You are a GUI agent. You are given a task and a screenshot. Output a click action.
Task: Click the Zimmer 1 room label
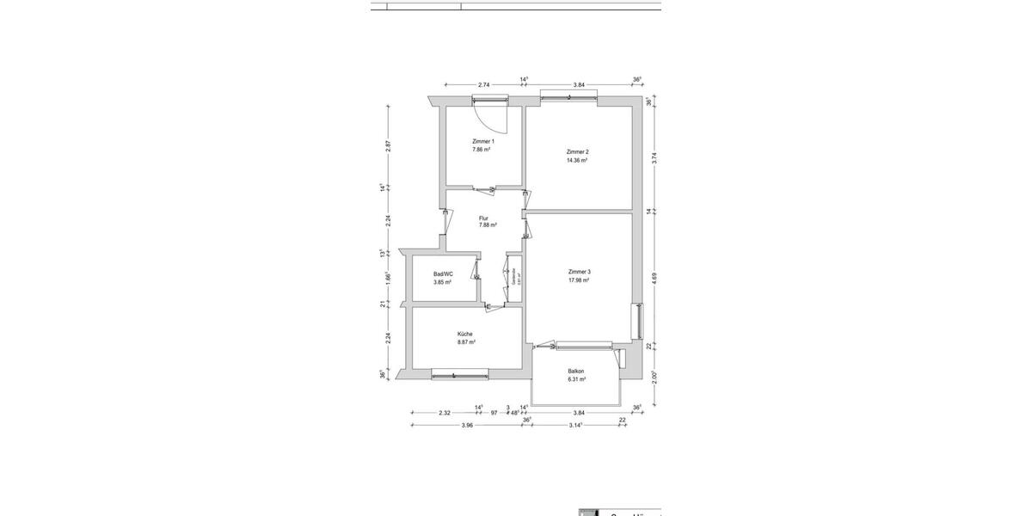click(482, 141)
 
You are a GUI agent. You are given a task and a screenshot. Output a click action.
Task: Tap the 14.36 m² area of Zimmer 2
click(577, 160)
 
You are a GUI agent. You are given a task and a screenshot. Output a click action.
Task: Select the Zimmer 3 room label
click(579, 271)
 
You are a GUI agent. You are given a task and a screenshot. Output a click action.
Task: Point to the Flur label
click(483, 218)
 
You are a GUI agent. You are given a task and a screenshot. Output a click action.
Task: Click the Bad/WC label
click(443, 273)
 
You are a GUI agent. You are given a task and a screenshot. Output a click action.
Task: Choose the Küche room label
click(465, 334)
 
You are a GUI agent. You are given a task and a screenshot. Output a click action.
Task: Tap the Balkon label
click(576, 372)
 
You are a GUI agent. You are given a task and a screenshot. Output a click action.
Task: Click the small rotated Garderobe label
click(513, 277)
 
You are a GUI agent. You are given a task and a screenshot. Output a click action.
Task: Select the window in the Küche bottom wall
click(459, 374)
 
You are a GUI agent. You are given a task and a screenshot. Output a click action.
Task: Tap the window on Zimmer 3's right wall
click(637, 322)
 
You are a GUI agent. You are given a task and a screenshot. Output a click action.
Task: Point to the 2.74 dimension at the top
click(483, 84)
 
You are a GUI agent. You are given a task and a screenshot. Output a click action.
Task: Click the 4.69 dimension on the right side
click(654, 278)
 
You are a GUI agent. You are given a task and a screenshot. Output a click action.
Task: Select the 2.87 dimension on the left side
click(389, 146)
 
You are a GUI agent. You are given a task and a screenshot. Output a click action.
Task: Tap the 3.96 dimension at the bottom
click(467, 425)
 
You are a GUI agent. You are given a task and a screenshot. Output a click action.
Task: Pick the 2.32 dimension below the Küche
click(445, 413)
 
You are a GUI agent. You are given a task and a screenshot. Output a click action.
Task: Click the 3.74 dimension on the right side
click(654, 157)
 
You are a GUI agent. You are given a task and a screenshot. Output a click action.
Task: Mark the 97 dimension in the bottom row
click(494, 413)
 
